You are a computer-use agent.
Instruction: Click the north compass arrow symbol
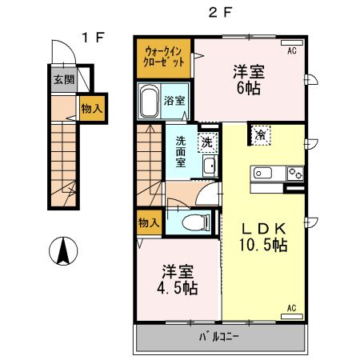click(x=62, y=252)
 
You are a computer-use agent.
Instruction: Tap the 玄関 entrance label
click(x=64, y=79)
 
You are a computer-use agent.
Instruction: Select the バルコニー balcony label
click(x=217, y=338)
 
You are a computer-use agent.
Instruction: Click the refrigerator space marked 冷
click(x=262, y=135)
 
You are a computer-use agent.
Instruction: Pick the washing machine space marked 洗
click(x=206, y=142)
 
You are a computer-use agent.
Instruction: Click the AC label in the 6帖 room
click(x=292, y=50)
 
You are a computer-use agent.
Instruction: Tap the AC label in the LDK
click(x=292, y=308)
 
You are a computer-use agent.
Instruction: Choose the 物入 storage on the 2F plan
click(x=148, y=222)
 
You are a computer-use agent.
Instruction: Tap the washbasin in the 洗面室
click(x=209, y=166)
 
